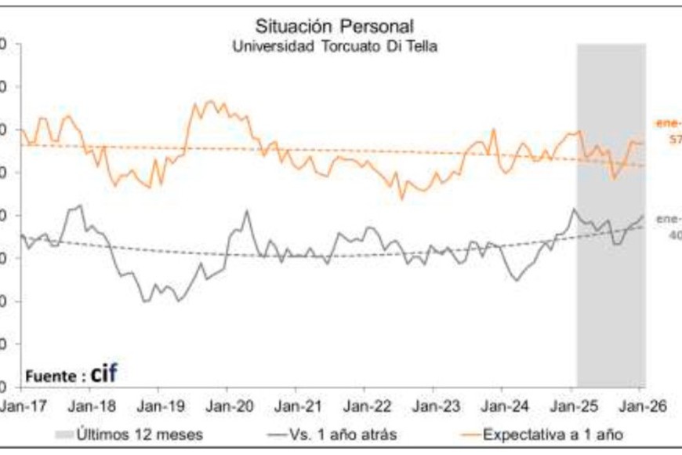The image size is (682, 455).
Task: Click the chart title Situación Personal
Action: click(335, 27)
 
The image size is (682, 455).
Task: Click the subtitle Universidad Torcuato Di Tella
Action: click(335, 46)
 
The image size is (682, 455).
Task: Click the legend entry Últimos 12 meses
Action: click(140, 434)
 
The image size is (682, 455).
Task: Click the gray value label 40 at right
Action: click(674, 234)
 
